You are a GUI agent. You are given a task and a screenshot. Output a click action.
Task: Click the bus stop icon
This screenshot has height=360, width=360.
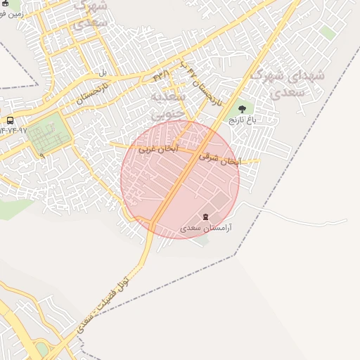point(10,120)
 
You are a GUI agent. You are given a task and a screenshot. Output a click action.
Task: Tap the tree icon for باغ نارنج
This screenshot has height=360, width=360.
point(243,110)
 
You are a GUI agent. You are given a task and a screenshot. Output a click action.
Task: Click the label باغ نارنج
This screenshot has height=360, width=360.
point(243,120)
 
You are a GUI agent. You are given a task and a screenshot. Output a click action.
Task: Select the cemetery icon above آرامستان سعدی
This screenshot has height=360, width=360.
point(205,217)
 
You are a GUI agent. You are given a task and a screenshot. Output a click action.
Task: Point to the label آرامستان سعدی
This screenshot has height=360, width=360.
point(206,228)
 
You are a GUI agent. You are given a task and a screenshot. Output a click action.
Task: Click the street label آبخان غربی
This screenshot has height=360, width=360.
point(158,149)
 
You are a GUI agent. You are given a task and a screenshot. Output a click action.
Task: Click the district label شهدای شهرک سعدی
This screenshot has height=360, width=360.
point(278,83)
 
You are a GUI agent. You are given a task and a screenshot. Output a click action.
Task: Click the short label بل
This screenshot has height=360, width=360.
point(102,72)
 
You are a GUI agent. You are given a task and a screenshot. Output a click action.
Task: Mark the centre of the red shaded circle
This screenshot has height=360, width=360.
point(180,179)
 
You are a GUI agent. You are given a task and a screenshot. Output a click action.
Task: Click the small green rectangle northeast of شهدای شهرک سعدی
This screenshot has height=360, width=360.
point(328,32)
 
